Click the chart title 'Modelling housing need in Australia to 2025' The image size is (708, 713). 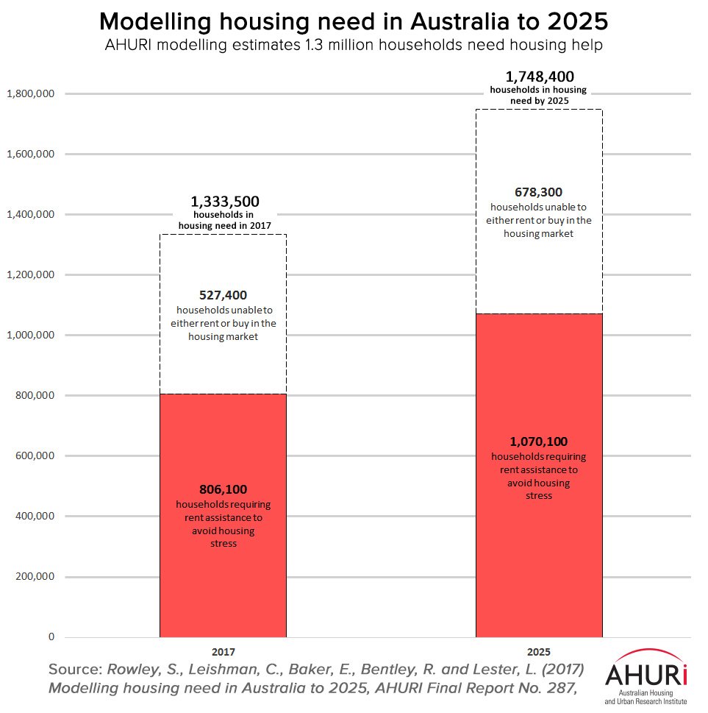point(354,21)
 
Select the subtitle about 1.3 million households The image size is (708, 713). point(354,45)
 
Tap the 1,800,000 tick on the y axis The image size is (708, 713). point(30,94)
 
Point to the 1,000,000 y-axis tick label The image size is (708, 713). point(30,336)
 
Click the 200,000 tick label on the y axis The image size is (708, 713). point(34,577)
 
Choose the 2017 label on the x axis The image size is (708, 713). point(223,652)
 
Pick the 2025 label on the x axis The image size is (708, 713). point(539,652)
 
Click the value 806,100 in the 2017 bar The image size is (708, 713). point(223,489)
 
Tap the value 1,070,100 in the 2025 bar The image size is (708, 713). point(539,441)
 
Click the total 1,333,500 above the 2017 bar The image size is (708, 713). point(225,202)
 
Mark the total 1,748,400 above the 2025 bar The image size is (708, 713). point(540,77)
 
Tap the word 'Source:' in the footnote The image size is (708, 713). point(76,670)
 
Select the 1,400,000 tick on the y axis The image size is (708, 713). point(30,215)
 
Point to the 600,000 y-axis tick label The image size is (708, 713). point(34,456)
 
